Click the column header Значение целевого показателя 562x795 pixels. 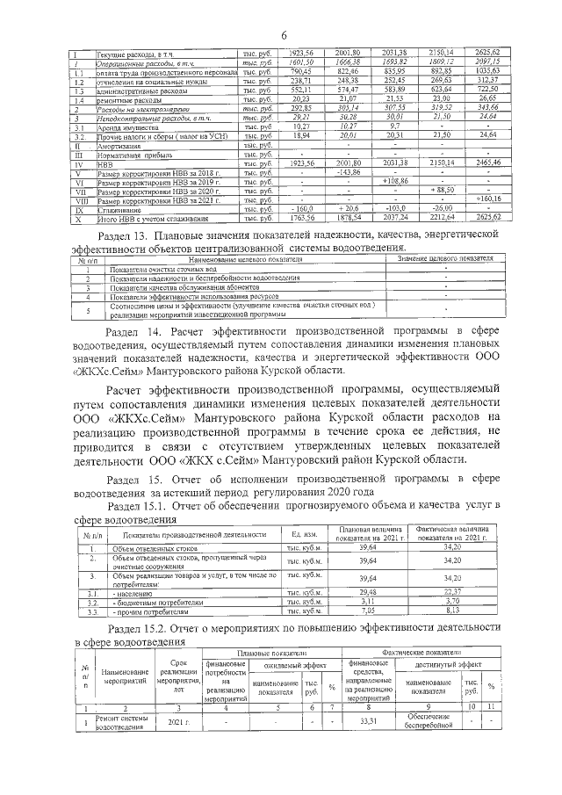click(x=445, y=261)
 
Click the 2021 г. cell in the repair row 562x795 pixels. click(x=179, y=721)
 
